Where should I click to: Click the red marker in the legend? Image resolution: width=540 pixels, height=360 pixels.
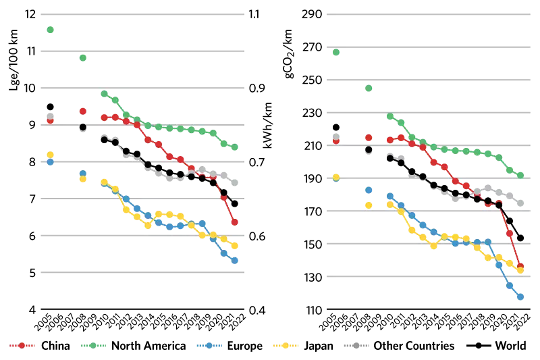[x=22, y=345]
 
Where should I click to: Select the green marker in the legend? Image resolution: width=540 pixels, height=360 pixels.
[x=93, y=345]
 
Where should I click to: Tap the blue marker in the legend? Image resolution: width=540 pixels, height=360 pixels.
[x=209, y=345]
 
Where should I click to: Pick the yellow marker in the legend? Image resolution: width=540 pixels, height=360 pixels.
[x=286, y=345]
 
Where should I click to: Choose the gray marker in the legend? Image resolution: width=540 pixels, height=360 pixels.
[x=356, y=345]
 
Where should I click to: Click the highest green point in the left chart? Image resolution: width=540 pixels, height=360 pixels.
[x=50, y=30]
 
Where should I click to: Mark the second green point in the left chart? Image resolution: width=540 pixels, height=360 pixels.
[x=82, y=58]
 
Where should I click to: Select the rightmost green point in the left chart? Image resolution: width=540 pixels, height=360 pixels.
[x=234, y=147]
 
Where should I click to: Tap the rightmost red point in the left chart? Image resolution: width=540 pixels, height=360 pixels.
[x=234, y=222]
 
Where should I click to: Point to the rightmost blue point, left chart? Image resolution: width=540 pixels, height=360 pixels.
[x=234, y=260]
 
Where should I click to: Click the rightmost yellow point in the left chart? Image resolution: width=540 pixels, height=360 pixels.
[x=234, y=246]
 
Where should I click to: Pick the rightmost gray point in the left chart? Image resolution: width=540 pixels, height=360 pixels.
[x=234, y=183]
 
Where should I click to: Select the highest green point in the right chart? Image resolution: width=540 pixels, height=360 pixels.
[x=336, y=52]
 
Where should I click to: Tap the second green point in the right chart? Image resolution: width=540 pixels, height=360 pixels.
[x=369, y=88]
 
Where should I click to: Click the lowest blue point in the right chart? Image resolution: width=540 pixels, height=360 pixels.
[x=520, y=297]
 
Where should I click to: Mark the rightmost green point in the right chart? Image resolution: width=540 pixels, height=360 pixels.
[x=520, y=176]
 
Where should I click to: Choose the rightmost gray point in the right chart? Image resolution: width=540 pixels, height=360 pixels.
[x=520, y=203]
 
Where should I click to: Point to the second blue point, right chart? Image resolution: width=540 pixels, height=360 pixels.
[x=369, y=190]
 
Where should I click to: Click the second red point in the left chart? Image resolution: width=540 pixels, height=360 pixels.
[x=82, y=111]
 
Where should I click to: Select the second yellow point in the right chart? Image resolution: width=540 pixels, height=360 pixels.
[x=369, y=205]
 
